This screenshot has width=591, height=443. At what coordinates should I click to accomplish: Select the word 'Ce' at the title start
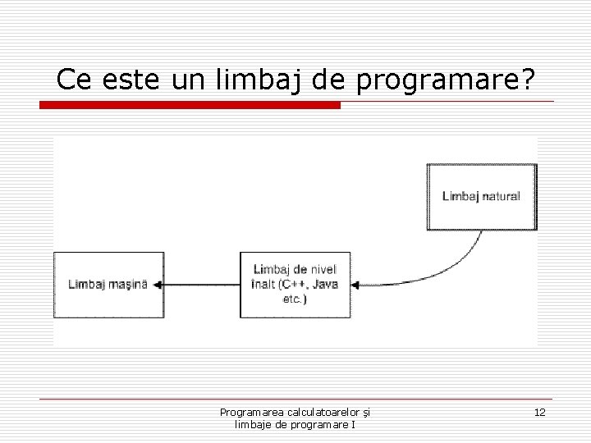click(72, 80)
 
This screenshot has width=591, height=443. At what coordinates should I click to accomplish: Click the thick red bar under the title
click(190, 105)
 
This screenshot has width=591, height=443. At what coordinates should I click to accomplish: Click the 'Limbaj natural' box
click(482, 196)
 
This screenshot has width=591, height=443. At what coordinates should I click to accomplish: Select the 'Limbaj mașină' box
click(108, 285)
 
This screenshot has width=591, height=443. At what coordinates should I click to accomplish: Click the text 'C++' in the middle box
click(293, 285)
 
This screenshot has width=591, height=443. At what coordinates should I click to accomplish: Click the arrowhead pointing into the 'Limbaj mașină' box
click(158, 285)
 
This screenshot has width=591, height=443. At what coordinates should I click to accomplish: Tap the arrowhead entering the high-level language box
click(356, 285)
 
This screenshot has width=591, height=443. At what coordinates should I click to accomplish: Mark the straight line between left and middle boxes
click(201, 285)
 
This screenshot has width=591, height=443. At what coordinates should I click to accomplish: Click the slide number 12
click(539, 412)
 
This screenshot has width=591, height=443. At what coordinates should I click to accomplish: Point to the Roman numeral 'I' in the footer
click(353, 424)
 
